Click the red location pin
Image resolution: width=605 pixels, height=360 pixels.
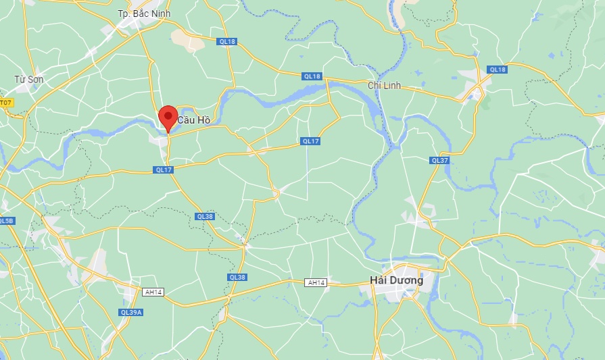(x=168, y=118)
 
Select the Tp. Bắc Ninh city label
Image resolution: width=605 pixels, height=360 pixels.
(x=144, y=14)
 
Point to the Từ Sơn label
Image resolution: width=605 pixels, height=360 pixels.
(x=29, y=79)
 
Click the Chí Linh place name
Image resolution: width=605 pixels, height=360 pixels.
(x=384, y=85)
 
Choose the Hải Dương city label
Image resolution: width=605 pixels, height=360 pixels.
(x=397, y=280)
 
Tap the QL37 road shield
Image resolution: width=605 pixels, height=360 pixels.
(x=439, y=160)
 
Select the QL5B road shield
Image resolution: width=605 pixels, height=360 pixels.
(x=5, y=221)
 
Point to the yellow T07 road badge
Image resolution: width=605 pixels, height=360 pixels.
(x=5, y=103)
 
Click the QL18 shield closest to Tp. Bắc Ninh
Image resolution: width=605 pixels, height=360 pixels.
(x=227, y=42)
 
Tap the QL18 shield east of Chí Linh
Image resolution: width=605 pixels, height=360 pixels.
(x=497, y=69)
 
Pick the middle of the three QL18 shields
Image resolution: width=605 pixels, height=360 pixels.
(x=312, y=76)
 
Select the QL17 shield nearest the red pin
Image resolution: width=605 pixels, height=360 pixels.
(x=164, y=170)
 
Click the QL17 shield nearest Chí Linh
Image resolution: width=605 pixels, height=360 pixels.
(x=310, y=141)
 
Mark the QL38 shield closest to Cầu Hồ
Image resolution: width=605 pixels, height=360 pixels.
(x=205, y=216)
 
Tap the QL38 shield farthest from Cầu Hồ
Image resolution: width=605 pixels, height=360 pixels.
(x=237, y=277)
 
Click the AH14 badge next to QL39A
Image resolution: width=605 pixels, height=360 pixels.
(x=153, y=292)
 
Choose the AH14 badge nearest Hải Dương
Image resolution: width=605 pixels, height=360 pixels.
(x=316, y=282)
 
